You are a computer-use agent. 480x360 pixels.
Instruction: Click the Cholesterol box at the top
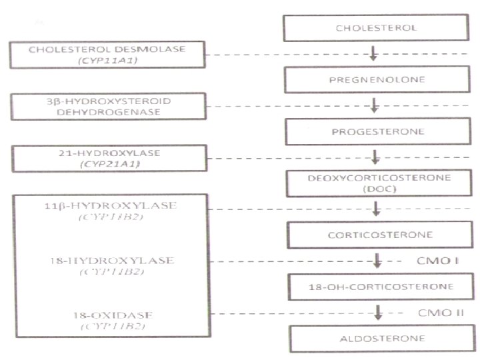(377, 29)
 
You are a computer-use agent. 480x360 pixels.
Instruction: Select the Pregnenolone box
(377, 79)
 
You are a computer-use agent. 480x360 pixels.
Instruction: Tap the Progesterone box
(377, 131)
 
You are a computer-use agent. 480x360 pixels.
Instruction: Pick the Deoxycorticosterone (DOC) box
(377, 183)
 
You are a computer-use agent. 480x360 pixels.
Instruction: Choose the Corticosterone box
(377, 235)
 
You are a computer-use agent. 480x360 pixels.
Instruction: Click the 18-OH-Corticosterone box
(377, 287)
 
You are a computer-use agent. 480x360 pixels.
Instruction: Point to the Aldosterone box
(377, 338)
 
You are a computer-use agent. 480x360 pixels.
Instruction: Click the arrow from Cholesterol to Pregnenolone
(375, 53)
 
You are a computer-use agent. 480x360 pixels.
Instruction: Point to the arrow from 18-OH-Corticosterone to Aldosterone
(377, 312)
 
